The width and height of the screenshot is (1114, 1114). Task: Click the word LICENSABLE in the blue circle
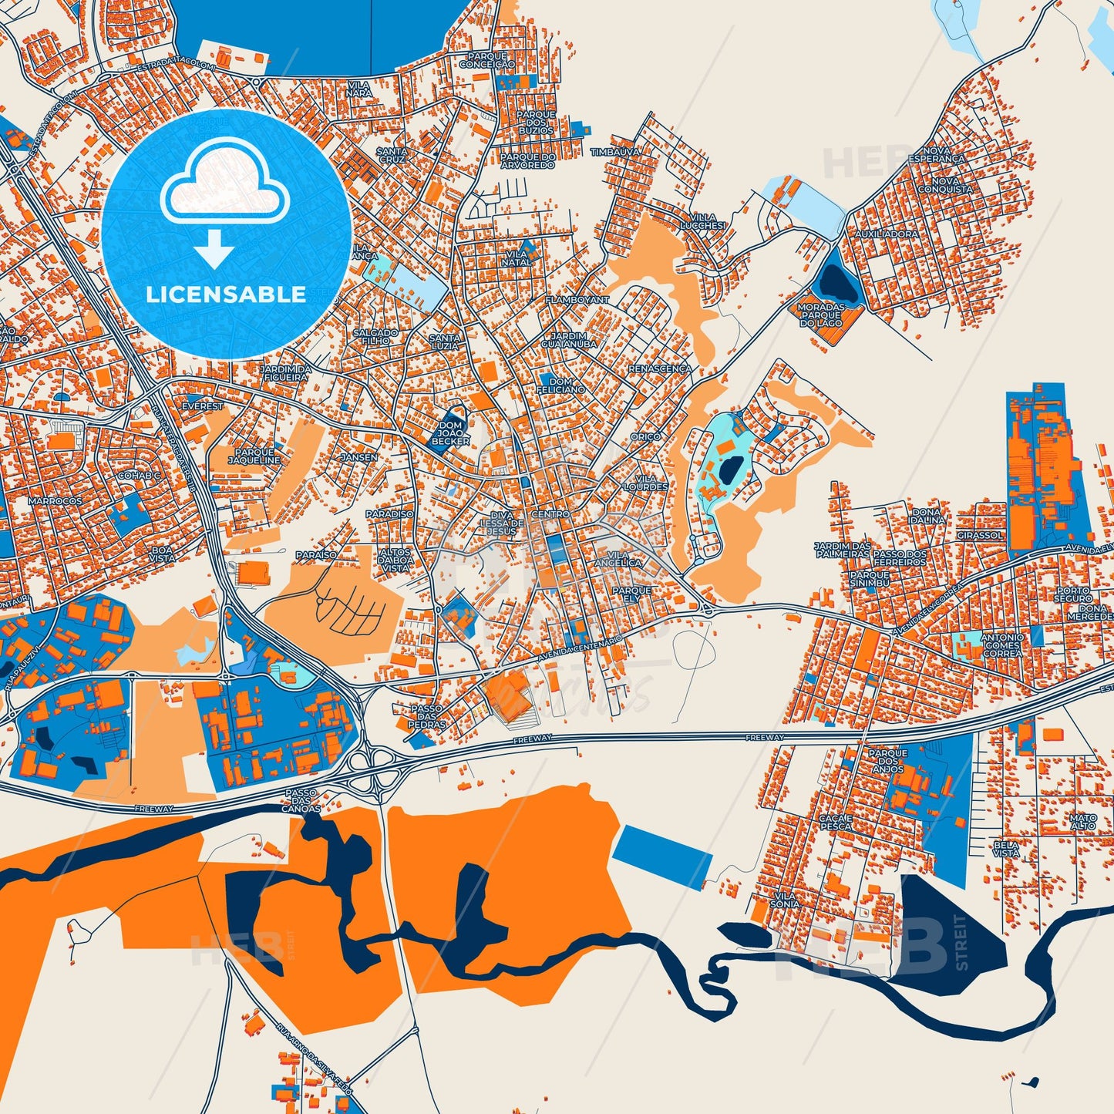tap(226, 294)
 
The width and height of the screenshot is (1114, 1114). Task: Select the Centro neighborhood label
tap(550, 514)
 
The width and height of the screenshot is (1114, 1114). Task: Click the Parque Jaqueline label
tap(254, 456)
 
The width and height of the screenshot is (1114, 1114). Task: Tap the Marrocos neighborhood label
tap(55, 501)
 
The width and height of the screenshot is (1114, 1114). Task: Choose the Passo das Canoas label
tap(301, 801)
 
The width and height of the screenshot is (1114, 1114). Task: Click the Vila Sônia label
tap(785, 900)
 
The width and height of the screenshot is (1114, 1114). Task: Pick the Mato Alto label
tap(1082, 822)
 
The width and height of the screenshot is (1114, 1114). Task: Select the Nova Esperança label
tap(937, 154)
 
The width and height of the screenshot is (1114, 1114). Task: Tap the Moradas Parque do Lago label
tap(821, 315)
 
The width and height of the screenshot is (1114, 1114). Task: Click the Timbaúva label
tap(615, 153)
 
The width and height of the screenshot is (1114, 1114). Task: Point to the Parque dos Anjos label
tap(888, 761)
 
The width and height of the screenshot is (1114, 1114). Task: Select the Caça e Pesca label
tap(836, 822)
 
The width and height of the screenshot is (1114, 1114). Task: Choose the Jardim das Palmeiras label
tap(843, 549)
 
